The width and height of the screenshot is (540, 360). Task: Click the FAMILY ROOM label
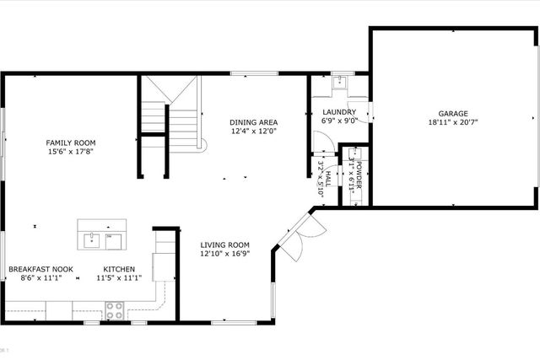pyautogui.click(x=71, y=142)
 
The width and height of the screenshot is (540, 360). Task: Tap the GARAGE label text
pyautogui.click(x=452, y=113)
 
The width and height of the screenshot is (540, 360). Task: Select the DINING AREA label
pyautogui.click(x=254, y=121)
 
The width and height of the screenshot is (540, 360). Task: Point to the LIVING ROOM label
pyautogui.click(x=225, y=244)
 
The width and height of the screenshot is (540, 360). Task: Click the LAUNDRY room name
pyautogui.click(x=338, y=111)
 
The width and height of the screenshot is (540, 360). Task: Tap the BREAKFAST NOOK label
pyautogui.click(x=40, y=269)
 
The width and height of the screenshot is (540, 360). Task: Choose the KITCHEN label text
pyautogui.click(x=119, y=269)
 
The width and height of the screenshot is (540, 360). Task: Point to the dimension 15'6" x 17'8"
pyautogui.click(x=71, y=153)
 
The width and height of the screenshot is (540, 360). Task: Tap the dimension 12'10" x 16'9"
pyautogui.click(x=225, y=254)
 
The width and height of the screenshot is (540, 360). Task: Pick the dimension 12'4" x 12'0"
pyautogui.click(x=254, y=132)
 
